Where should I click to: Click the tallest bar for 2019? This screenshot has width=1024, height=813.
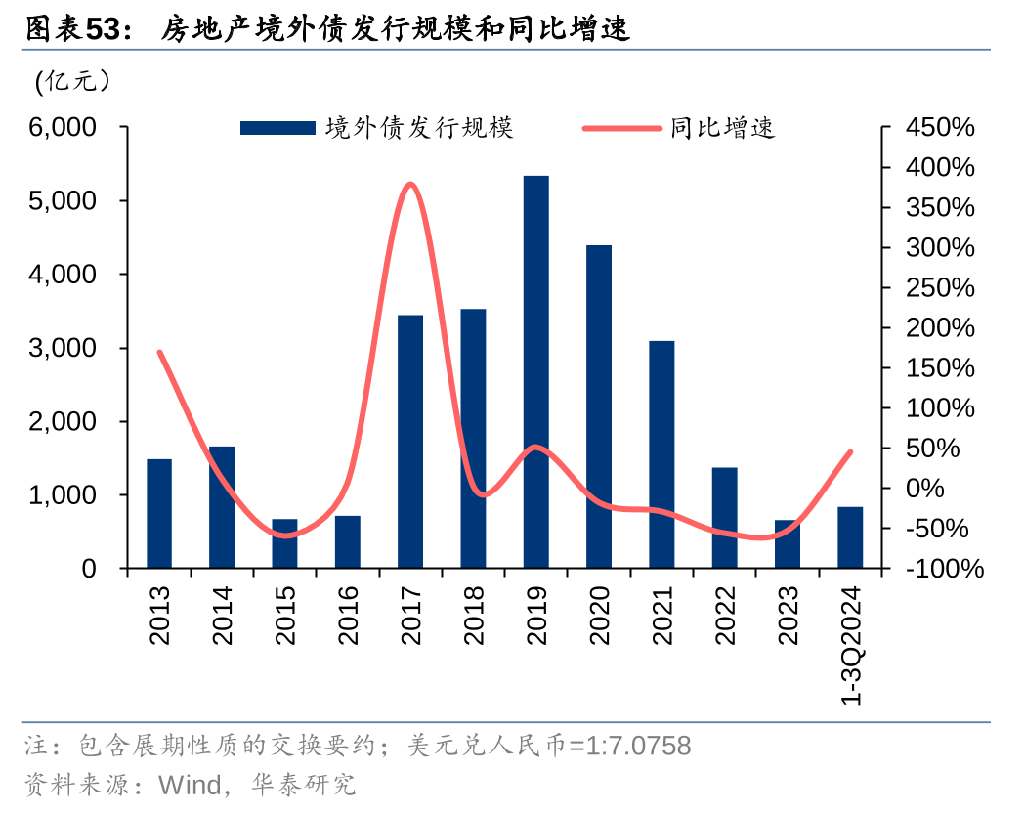(535, 371)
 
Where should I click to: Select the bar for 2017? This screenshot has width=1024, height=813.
(410, 441)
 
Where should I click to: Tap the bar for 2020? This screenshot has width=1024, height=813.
(598, 406)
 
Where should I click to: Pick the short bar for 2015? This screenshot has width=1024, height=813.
(284, 543)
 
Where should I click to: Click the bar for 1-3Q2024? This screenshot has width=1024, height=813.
(850, 536)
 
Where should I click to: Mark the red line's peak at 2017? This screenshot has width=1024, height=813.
(410, 184)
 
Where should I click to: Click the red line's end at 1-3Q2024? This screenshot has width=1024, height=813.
(851, 451)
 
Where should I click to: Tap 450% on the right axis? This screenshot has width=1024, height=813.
(940, 127)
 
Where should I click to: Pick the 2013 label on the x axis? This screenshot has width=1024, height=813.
(159, 616)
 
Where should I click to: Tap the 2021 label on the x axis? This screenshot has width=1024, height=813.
(661, 616)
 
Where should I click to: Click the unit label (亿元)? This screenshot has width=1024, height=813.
(72, 82)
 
